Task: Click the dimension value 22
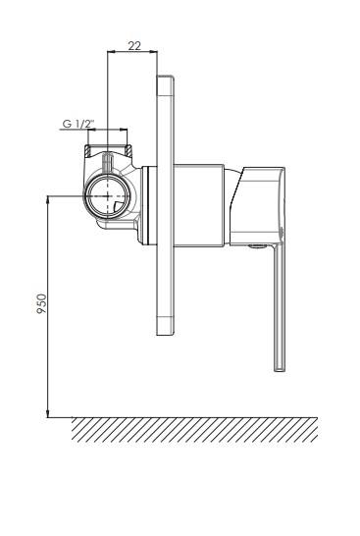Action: point(134,45)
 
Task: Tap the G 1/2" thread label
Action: point(78,124)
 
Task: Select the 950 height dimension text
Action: point(41,303)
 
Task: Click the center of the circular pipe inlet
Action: point(108,196)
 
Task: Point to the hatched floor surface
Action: point(194,430)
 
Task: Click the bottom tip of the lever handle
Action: point(280,370)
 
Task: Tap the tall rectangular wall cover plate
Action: point(166,205)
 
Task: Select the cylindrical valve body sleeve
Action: point(199,205)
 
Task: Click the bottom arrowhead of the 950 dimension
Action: point(48,413)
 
